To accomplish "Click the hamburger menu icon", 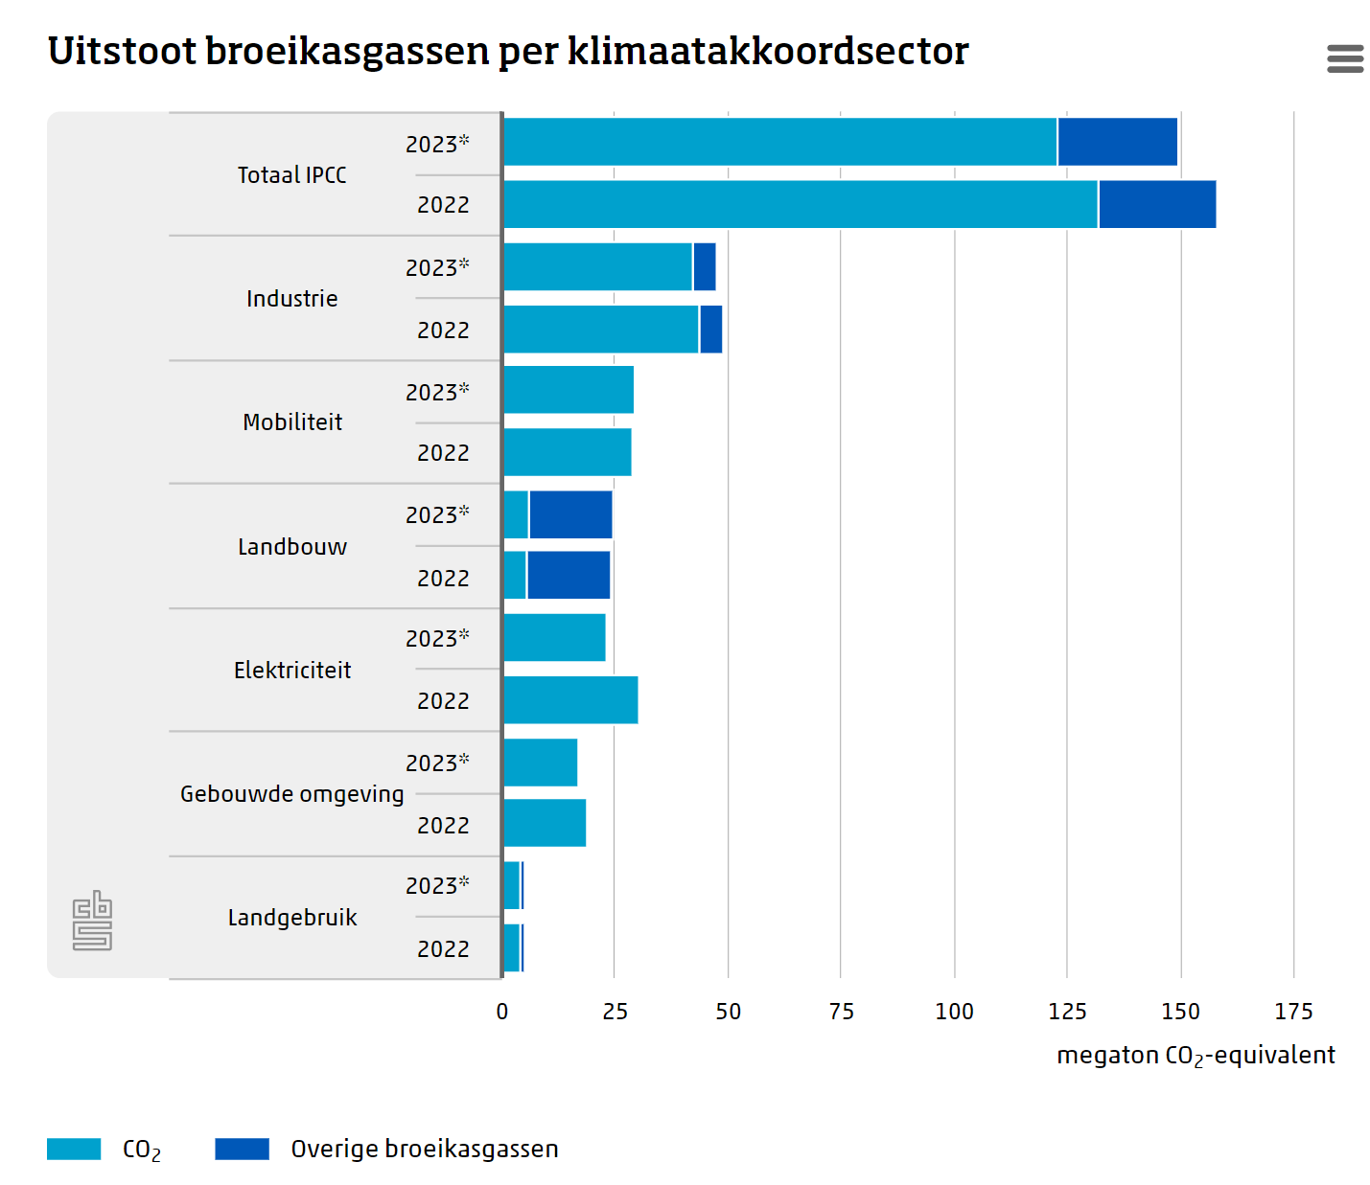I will pos(1344,58).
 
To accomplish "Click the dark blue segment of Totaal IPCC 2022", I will pos(1156,204).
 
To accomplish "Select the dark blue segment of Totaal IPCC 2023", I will pos(1117,142).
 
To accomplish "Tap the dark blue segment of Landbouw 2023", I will pos(570,514).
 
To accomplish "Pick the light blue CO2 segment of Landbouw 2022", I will pos(514,575).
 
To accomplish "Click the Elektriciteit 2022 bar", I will pos(570,700).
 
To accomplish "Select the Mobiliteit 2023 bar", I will pos(569,390).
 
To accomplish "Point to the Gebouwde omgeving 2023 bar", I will pos(541,763).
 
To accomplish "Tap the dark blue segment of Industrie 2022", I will pos(710,330).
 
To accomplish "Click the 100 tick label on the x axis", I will pos(954,1012).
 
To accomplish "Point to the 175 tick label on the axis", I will pos(1293,1012).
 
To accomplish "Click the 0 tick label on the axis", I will pos(502,1012).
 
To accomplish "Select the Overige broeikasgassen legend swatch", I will pos(242,1149).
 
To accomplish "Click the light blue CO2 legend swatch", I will pos(74,1149).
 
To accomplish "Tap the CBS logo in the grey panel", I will pos(92,921).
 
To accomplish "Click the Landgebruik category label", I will pos(292,918).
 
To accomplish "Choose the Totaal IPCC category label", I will pos(292,175).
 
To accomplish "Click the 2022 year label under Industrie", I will pos(443,330).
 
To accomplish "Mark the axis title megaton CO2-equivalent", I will pos(1196,1056).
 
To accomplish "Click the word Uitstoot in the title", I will pos(122,52).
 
